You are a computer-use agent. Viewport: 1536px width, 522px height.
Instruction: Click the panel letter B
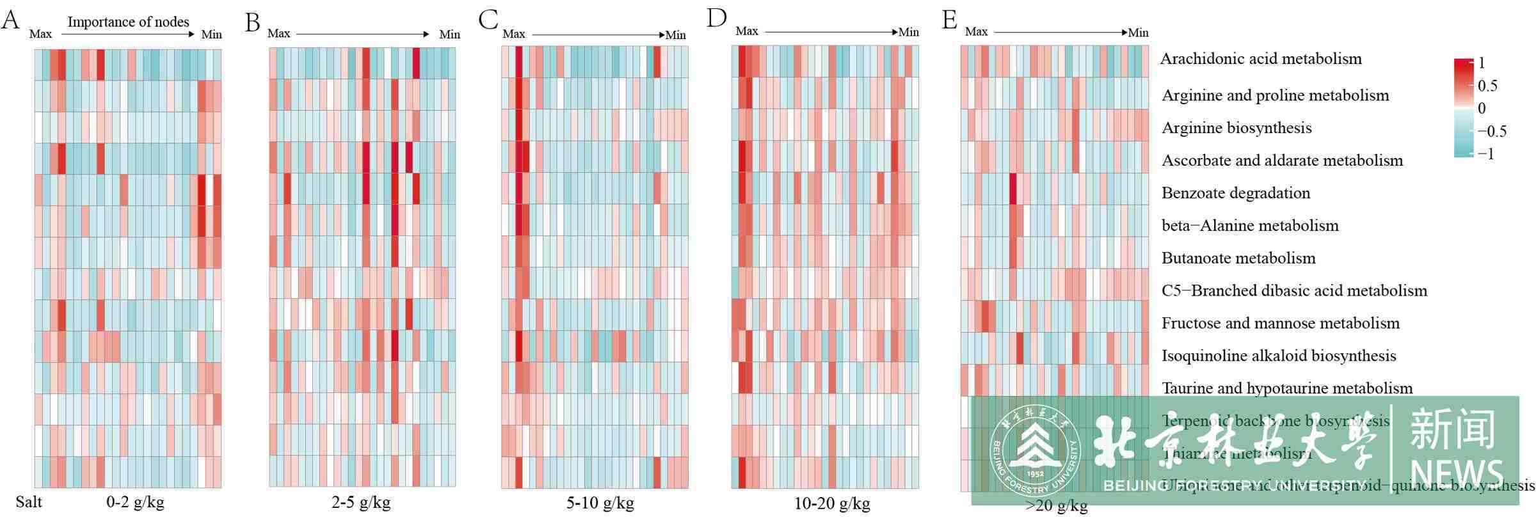253,22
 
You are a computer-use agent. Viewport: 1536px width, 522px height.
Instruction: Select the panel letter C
488,20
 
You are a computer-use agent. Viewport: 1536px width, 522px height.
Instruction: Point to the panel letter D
716,18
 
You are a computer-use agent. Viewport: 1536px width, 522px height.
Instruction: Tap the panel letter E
949,20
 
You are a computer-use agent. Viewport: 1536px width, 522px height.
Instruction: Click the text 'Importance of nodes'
128,22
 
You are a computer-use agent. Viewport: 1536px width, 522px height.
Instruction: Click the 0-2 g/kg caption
135,502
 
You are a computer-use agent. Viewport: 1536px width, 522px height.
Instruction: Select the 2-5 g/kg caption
361,502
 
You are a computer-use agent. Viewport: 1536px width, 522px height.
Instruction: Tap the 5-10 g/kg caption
600,503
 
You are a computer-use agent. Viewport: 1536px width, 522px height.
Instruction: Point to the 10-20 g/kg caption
832,504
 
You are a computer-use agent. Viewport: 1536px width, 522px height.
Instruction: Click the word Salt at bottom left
29,502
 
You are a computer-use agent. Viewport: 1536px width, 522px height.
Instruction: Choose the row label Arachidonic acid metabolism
1261,59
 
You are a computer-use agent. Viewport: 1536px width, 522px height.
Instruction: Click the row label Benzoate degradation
1236,193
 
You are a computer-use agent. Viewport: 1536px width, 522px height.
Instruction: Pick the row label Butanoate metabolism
1238,258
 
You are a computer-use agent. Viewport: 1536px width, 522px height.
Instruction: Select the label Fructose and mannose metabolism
1281,323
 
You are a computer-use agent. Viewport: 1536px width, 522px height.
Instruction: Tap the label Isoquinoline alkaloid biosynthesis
1279,356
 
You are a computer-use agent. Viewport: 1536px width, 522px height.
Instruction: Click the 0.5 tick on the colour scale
1487,86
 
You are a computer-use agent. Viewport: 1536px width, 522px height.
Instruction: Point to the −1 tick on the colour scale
1485,154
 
